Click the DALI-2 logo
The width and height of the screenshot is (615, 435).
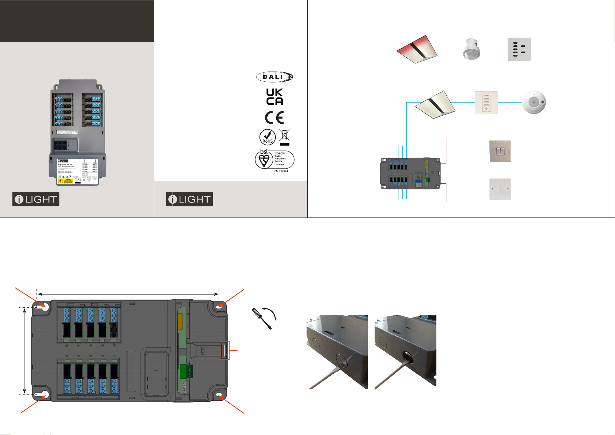pyautogui.click(x=274, y=77)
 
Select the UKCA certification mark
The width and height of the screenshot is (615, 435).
pyautogui.click(x=274, y=97)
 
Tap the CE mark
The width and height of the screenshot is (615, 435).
pyautogui.click(x=274, y=118)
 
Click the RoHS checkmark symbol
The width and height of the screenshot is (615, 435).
pyautogui.click(x=268, y=137)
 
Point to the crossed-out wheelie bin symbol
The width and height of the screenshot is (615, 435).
pyautogui.click(x=284, y=136)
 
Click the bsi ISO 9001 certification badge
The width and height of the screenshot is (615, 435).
pyautogui.click(x=274, y=160)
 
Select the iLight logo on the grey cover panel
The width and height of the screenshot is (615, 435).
pyautogui.click(x=36, y=199)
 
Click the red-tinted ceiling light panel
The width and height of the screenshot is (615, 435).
pyautogui.click(x=417, y=49)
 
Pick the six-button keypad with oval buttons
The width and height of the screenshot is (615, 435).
pyautogui.click(x=519, y=49)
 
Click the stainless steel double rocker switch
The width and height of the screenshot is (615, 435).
pyautogui.click(x=500, y=151)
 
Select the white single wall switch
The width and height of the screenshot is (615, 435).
pyautogui.click(x=500, y=189)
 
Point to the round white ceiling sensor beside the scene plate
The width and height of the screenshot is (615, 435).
pyautogui.click(x=534, y=103)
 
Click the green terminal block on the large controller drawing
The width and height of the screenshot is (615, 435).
pyautogui.click(x=186, y=372)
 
